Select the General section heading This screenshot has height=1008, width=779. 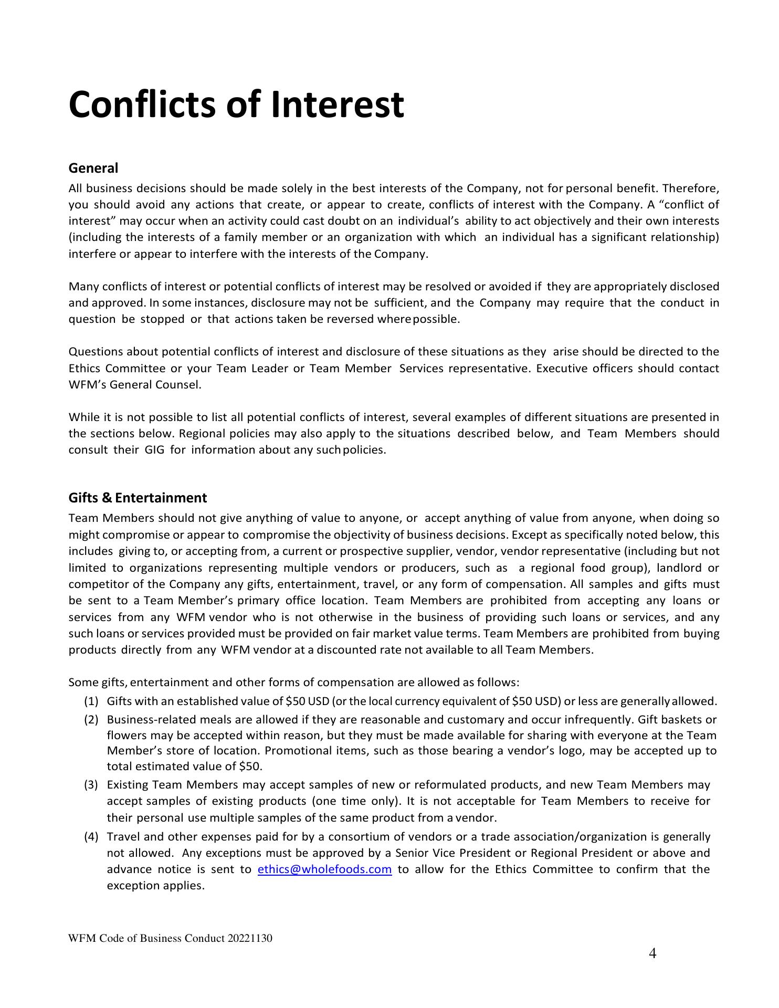click(x=93, y=168)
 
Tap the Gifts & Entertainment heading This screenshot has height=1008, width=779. click(x=138, y=498)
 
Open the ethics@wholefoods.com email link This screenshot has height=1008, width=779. click(x=324, y=869)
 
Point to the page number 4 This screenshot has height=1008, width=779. click(x=652, y=953)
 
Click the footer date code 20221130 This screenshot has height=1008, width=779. click(x=250, y=938)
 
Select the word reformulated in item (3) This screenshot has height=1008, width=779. click(x=450, y=785)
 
